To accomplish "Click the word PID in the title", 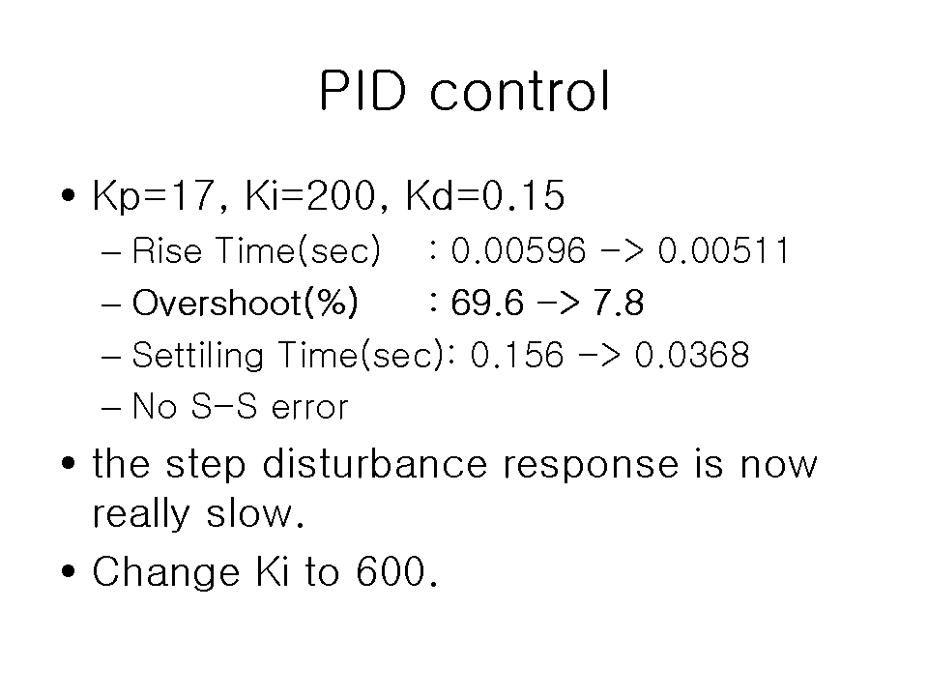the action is pos(362,91).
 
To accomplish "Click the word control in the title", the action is pos(520,91).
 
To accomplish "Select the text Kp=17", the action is pos(152,196).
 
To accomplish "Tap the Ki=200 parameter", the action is pos(310,195).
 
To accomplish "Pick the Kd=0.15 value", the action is pos(484,195).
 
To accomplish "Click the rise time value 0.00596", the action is pos(518,250).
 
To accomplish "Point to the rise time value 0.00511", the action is pos(723,250).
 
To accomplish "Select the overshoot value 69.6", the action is pos(487,303).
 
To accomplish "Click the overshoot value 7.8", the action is pos(618,303).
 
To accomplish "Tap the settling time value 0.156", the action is pos(516,355).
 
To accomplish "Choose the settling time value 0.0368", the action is pos(692,355).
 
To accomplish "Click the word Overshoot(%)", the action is pos(245,303).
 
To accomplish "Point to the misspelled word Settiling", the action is pos(197,356).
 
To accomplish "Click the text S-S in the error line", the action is pos(223,407).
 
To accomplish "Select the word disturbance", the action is pos(375,463).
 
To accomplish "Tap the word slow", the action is pos(254,512).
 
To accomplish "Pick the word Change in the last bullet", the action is pos(165,572).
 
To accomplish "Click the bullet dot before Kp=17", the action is pos(69,194).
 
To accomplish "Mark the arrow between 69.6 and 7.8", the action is pos(558,303).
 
